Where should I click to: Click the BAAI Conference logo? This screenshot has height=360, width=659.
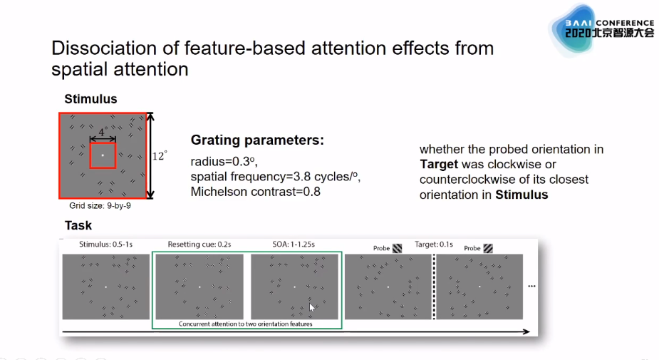click(602, 29)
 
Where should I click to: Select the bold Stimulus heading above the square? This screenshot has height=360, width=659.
click(90, 99)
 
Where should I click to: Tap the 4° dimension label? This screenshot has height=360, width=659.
click(103, 132)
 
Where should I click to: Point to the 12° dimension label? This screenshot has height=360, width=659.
click(160, 156)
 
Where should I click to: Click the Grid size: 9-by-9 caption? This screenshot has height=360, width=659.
click(100, 205)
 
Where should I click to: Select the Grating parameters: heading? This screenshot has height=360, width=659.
click(257, 140)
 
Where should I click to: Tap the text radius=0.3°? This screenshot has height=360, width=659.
click(224, 162)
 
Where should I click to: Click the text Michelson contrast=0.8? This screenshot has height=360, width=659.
click(256, 192)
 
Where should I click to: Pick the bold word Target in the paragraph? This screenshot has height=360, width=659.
click(439, 165)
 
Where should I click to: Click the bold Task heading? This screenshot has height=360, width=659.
click(78, 225)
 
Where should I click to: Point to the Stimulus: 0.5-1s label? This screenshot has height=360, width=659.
click(106, 245)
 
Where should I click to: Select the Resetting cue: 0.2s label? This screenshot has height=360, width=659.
click(199, 245)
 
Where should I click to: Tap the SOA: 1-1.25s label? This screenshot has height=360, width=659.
click(294, 245)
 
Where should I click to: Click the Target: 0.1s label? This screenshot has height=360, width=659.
click(434, 245)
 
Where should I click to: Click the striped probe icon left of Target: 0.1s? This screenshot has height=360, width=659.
click(397, 249)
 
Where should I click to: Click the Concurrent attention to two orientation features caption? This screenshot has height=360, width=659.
click(246, 324)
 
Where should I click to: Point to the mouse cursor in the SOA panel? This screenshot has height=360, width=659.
click(312, 307)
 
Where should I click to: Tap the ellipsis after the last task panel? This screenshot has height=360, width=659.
click(531, 286)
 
